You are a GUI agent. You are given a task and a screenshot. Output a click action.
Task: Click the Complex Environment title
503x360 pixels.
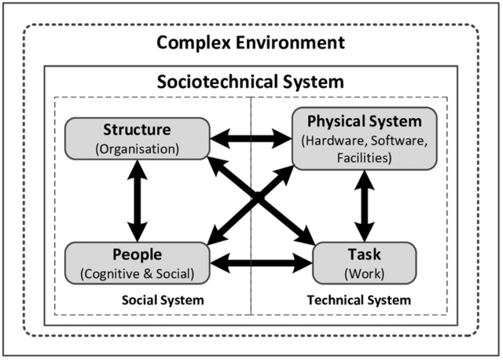click(x=250, y=41)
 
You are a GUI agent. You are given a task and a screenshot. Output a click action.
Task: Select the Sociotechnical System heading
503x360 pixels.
click(x=251, y=82)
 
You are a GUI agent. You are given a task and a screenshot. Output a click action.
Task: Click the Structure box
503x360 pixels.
click(x=138, y=138)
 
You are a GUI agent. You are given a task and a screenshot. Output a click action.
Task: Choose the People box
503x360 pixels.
click(x=138, y=263)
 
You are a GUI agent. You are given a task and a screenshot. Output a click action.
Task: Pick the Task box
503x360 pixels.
click(x=363, y=263)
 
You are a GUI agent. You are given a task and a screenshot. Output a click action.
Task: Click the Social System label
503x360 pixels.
click(x=163, y=299)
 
